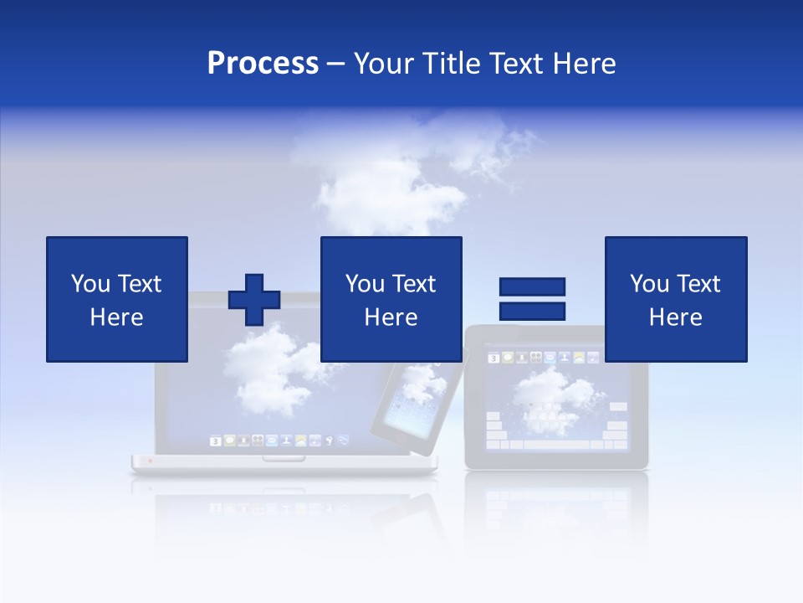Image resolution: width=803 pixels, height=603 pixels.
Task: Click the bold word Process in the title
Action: [263, 64]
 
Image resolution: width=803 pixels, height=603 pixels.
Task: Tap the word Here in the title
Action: [583, 64]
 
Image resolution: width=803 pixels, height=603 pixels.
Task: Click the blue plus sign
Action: [254, 300]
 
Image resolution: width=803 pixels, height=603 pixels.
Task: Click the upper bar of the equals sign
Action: [532, 287]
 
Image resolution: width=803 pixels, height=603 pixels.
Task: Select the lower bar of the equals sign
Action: [532, 312]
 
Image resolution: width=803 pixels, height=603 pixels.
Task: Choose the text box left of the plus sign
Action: [117, 299]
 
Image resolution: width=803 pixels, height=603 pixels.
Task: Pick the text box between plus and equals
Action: [391, 299]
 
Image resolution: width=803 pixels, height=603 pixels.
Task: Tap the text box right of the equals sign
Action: [675, 299]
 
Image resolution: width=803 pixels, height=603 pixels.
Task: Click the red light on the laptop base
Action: [151, 460]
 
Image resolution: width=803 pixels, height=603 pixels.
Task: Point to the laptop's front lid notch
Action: [284, 458]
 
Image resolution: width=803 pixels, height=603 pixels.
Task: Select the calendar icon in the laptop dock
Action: [215, 441]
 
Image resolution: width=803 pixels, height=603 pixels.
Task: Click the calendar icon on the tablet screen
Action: [494, 358]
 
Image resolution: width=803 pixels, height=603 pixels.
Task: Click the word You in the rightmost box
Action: [649, 284]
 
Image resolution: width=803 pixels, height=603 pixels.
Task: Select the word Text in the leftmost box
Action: [140, 284]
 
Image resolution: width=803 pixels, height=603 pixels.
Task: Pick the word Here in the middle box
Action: [391, 317]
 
